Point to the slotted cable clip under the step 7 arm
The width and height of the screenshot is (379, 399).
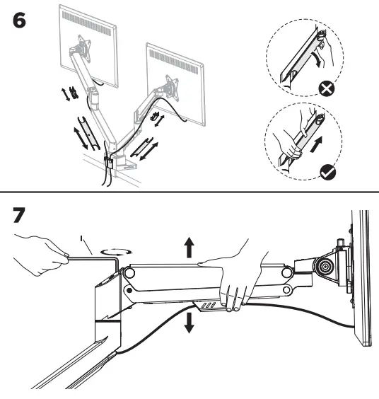[208, 304]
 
